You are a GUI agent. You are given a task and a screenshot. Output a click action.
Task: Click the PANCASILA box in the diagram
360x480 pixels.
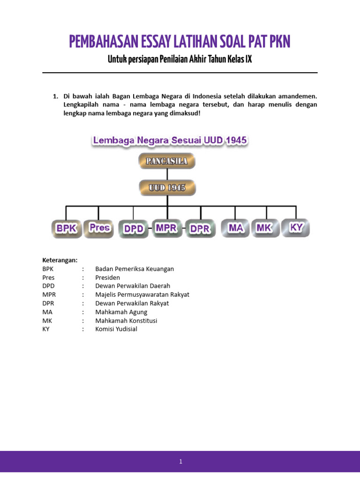166,161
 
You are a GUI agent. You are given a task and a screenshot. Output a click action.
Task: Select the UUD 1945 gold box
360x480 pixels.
167,187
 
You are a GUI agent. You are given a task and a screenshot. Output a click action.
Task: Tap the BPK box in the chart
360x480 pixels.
66,228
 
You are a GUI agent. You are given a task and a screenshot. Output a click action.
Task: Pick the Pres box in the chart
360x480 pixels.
99,228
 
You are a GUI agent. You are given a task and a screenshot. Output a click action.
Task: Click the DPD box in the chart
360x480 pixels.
133,229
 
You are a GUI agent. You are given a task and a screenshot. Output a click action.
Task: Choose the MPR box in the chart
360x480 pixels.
167,228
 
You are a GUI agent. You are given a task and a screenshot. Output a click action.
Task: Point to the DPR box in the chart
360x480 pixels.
200,229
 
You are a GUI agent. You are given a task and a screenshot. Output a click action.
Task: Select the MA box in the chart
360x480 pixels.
235,228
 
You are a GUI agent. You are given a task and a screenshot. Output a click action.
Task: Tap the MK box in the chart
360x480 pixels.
266,228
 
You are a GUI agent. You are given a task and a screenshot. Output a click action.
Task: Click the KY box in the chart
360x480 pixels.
296,228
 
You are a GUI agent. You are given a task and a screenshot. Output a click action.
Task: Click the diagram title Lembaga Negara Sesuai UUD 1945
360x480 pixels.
170,140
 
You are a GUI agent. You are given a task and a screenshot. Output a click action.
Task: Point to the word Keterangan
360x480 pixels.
60,260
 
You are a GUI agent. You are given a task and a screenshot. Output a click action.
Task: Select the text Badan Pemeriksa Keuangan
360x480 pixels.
135,269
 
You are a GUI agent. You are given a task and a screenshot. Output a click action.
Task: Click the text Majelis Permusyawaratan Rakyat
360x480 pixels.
142,295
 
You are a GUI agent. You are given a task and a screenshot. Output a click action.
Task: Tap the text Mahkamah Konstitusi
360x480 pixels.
126,321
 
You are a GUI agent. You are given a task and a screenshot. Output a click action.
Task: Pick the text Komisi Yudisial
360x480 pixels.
116,329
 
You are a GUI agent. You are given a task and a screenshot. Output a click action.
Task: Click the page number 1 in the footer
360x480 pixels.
180,462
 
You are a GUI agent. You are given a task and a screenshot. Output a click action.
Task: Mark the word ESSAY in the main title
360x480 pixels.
152,42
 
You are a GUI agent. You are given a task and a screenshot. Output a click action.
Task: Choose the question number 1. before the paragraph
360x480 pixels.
55,96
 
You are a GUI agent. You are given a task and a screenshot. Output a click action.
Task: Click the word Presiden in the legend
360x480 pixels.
107,277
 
